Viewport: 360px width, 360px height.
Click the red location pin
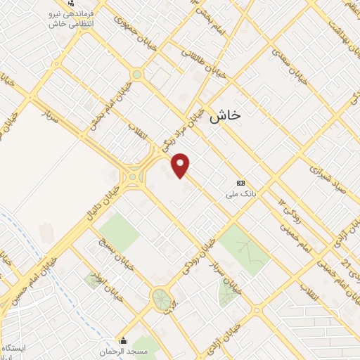(181, 165)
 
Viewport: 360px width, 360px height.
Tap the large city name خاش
(224, 116)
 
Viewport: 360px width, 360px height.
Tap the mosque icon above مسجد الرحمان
(124, 341)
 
